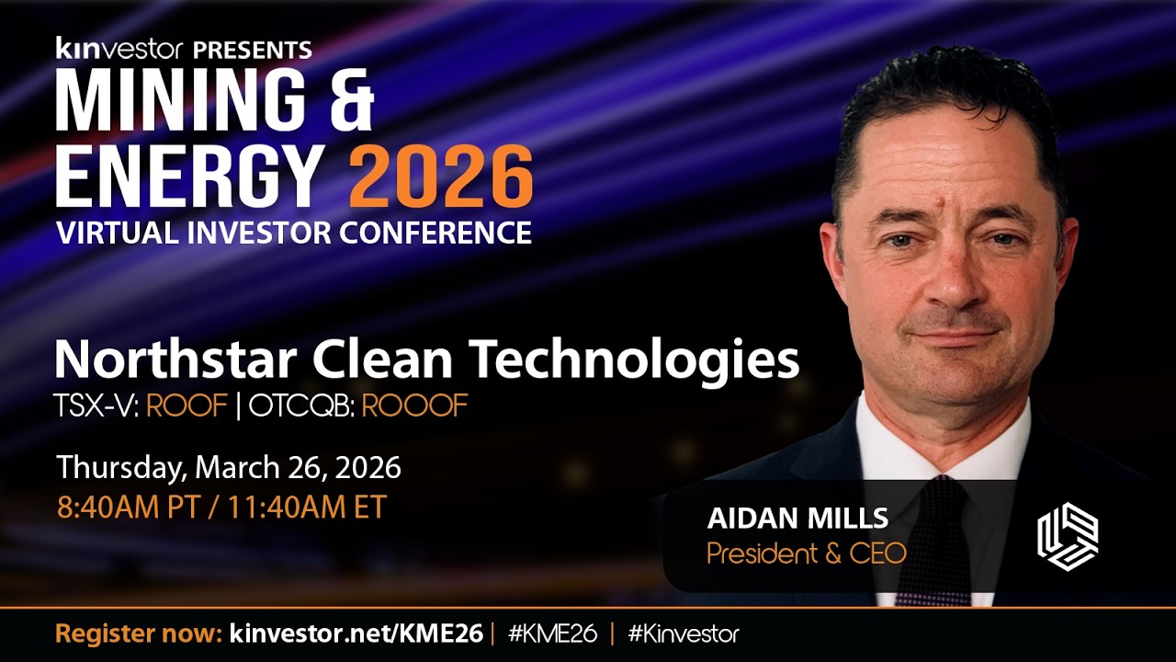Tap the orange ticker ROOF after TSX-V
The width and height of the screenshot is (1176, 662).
[x=187, y=405]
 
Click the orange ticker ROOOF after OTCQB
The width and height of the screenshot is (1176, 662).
[x=414, y=405]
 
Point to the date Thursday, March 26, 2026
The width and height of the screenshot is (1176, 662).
[x=229, y=467]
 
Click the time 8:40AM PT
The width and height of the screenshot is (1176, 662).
[x=128, y=507]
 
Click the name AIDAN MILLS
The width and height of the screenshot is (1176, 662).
[x=797, y=519]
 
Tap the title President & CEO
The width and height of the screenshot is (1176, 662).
[x=806, y=554]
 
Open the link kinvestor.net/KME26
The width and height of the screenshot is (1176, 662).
[x=356, y=633]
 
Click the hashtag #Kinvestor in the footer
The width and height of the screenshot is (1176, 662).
[x=684, y=633]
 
